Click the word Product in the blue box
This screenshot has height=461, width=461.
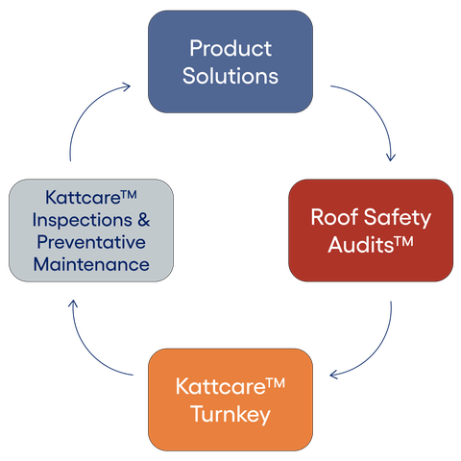pyautogui.click(x=230, y=48)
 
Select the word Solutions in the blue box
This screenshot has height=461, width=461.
pyautogui.click(x=230, y=76)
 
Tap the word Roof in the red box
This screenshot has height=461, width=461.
pyautogui.click(x=334, y=217)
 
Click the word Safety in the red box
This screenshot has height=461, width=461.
pyautogui.click(x=398, y=218)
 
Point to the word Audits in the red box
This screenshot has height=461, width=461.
pyautogui.click(x=360, y=245)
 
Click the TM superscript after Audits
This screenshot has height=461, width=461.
pyautogui.click(x=403, y=241)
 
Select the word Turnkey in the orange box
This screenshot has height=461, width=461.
pyautogui.click(x=230, y=415)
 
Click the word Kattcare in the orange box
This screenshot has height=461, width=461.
pyautogui.click(x=221, y=386)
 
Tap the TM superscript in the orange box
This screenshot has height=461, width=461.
pyautogui.click(x=276, y=382)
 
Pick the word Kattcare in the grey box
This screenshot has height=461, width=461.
pyautogui.click(x=83, y=197)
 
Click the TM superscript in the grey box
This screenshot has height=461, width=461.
pyautogui.click(x=129, y=195)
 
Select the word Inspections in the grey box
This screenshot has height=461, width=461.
pyautogui.click(x=83, y=221)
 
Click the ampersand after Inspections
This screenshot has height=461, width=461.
pyautogui.click(x=144, y=220)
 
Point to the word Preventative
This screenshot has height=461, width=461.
pyautogui.click(x=91, y=242)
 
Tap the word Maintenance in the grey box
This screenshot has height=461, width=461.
pyautogui.click(x=91, y=264)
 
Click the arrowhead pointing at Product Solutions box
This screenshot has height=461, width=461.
pyautogui.click(x=126, y=86)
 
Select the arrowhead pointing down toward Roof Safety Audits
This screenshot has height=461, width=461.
pyautogui.click(x=391, y=157)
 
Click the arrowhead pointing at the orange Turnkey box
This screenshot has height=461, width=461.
pyautogui.click(x=334, y=375)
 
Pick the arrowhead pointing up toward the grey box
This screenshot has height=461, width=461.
pyautogui.click(x=73, y=303)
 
